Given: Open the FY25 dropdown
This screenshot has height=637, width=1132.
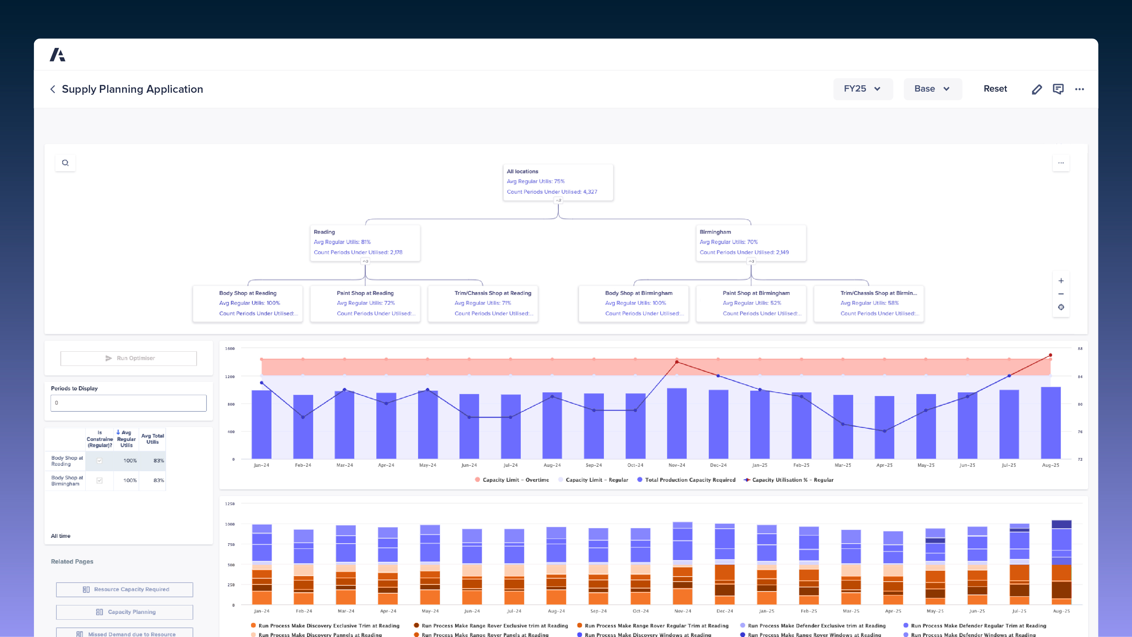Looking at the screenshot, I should pos(862,89).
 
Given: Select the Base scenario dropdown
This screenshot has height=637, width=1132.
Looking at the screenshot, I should pos(932,89).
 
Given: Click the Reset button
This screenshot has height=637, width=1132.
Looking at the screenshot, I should pos(995,89).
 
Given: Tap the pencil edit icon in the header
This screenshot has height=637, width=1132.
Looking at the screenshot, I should pos(1037,89).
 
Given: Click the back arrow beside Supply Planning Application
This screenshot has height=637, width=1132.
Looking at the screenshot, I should pos(53,89).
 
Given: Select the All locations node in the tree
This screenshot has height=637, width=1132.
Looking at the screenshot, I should pos(558,181).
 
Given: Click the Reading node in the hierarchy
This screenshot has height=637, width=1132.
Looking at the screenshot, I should pos(365,242).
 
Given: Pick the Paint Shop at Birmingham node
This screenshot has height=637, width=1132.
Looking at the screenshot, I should pos(751,303).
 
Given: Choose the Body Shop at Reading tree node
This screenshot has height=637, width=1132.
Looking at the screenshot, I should pos(247,303).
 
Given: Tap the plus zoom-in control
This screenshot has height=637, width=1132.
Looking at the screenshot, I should pos(1061,281).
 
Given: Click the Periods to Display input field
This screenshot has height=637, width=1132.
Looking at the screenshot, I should pos(128,403).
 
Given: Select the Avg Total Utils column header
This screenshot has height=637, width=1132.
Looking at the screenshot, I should pos(152,439).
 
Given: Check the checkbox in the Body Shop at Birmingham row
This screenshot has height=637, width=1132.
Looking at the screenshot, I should pos(99,480).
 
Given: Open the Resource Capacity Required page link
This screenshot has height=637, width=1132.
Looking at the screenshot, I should pos(124,589).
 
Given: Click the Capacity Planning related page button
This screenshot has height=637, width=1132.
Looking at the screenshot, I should pos(124,612).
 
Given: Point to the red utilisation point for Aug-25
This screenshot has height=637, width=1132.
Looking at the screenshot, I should pos(1050,355).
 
